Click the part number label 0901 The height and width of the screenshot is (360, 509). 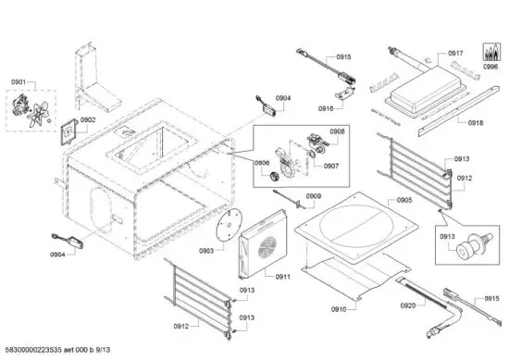click(x=18, y=83)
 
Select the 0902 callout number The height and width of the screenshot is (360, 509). click(x=88, y=119)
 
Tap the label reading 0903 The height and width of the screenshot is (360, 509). click(x=205, y=250)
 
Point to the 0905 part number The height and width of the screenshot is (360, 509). click(x=404, y=200)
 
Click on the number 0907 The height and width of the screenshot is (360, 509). click(x=330, y=167)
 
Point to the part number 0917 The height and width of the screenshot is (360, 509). click(x=455, y=54)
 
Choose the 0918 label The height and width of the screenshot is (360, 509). click(x=475, y=122)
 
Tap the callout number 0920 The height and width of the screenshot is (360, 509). click(x=408, y=305)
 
